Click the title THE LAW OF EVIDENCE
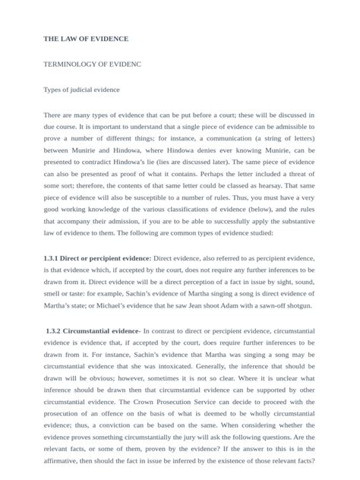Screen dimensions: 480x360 (x=86, y=39)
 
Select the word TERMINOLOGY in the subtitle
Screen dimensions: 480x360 (x=74, y=64)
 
